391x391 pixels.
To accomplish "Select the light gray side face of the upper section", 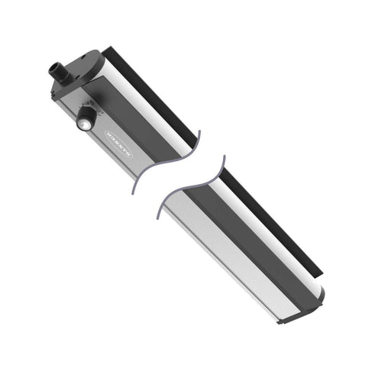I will (x=115, y=153).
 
